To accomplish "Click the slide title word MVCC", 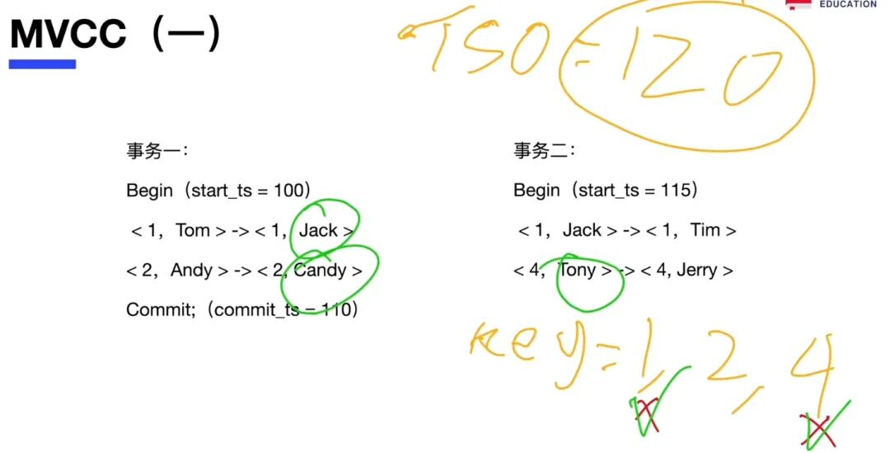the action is [68, 35].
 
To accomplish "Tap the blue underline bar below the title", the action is [42, 64].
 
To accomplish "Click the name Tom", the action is [193, 230].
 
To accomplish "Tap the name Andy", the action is [191, 270].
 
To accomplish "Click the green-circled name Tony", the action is [578, 270].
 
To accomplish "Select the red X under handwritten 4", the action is [818, 429].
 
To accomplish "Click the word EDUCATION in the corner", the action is [846, 4].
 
